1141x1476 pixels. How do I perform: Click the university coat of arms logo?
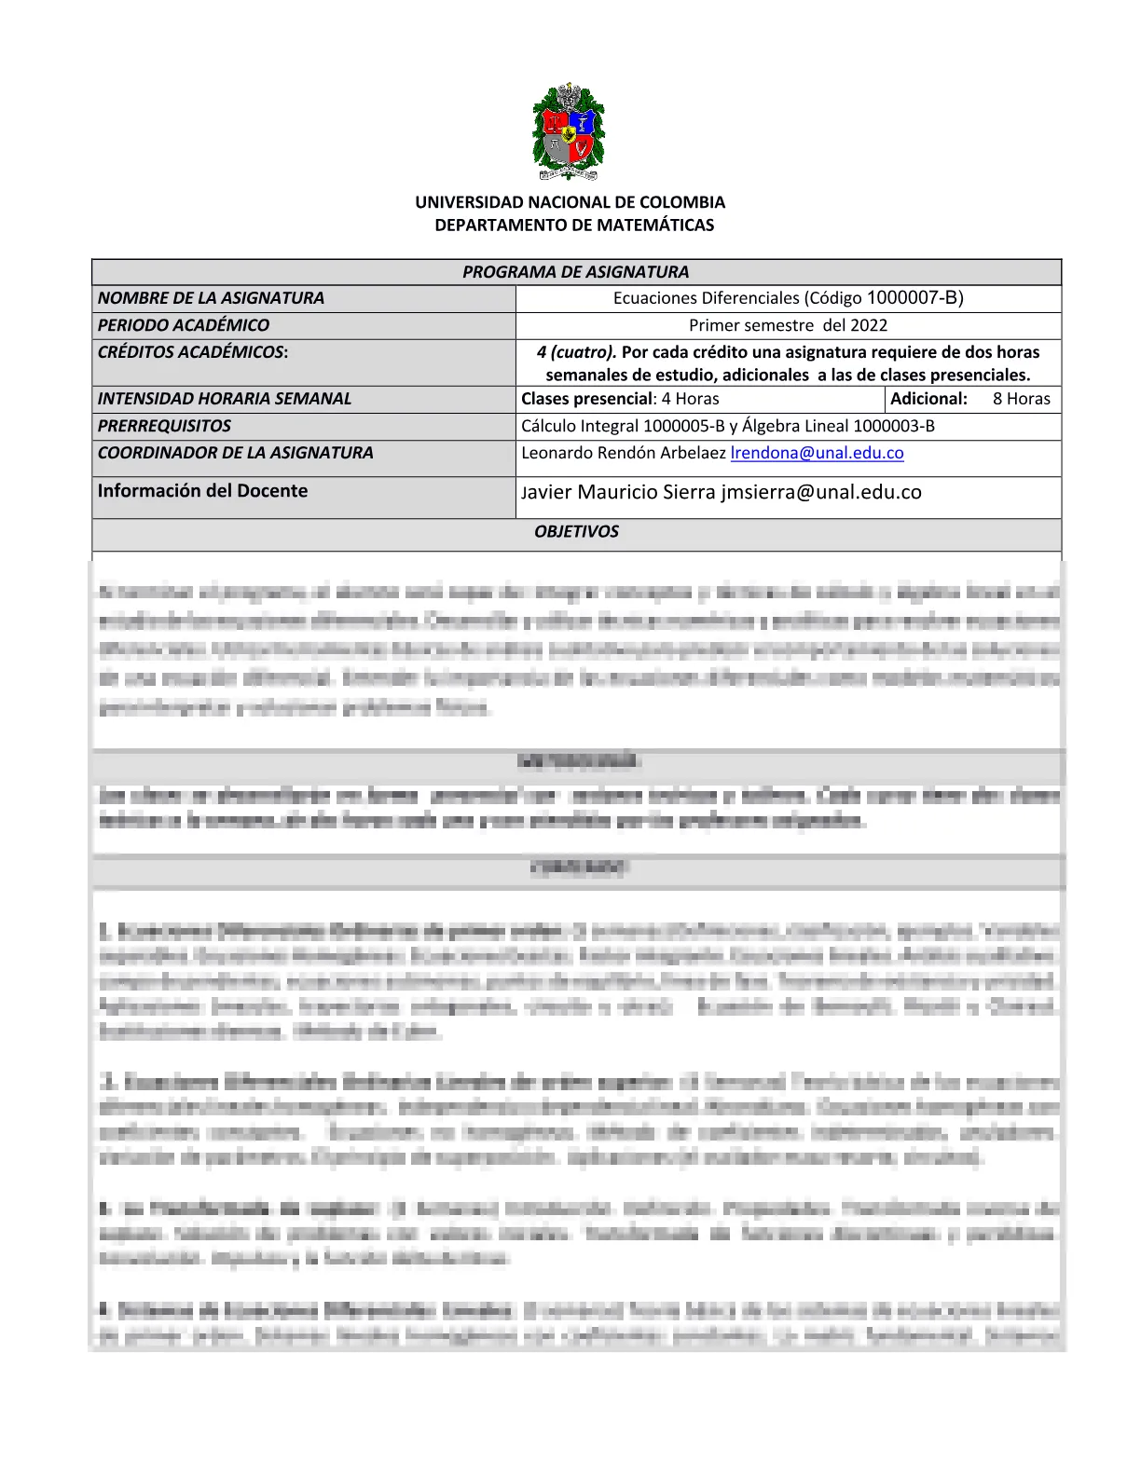569,132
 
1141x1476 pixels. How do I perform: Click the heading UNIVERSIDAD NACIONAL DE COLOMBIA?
570,202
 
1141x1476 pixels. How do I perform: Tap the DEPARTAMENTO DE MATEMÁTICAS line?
574,225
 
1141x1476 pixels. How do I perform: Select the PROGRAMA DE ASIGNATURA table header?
575,272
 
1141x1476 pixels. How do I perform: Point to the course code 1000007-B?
914,298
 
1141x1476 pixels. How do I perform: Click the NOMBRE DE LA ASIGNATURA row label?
211,298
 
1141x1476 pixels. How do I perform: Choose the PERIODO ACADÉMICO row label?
183,325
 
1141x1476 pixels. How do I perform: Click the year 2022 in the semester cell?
869,325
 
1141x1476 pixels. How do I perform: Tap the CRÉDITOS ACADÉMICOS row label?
192,352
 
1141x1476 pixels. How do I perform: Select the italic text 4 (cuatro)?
576,352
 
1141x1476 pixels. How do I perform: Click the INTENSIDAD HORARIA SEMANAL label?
225,399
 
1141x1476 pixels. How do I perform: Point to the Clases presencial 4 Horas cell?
620,399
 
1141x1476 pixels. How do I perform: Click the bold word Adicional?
928,399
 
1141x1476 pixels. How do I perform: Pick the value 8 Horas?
1021,399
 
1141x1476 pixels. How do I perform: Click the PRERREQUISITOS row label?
164,426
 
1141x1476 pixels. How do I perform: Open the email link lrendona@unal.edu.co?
817,453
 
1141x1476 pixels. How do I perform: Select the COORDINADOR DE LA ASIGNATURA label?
235,453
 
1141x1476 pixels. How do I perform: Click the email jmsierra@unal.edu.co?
821,492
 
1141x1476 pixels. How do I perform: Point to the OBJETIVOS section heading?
576,532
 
